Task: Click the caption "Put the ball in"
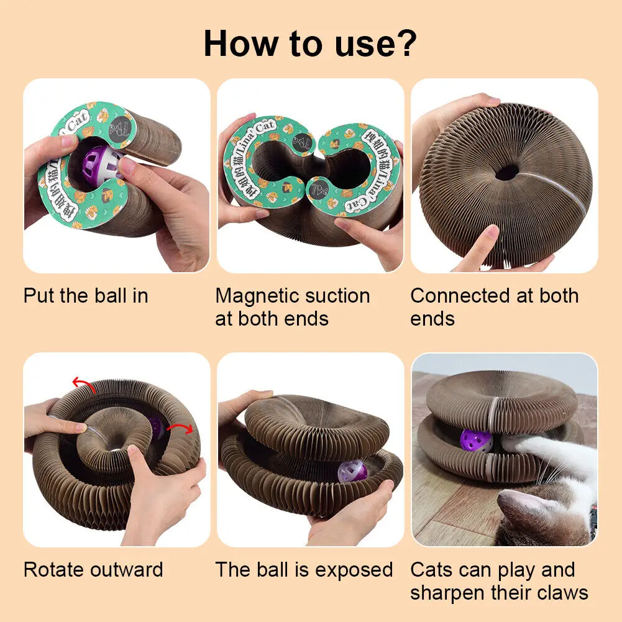point(86,296)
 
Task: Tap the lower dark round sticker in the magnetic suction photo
point(317,189)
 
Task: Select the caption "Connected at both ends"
point(494,307)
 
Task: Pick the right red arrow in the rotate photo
point(181,429)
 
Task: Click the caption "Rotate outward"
point(93,570)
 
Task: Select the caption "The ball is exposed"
point(304,570)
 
